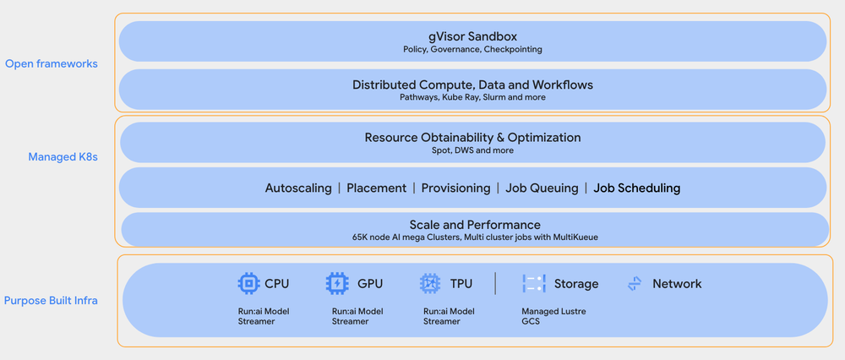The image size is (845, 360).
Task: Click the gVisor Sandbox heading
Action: coord(472,36)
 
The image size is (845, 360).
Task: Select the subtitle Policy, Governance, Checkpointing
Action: coord(472,50)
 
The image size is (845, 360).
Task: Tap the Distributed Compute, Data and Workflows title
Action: coord(472,85)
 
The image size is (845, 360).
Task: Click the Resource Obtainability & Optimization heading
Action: coord(472,137)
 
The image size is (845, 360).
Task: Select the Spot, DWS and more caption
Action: coord(472,150)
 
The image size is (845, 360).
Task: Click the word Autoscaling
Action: coord(298,188)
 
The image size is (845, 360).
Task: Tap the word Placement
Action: coord(376,188)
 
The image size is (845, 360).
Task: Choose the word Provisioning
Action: coord(455,188)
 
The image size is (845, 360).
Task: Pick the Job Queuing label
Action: coord(542,188)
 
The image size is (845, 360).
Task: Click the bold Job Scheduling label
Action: coord(636,188)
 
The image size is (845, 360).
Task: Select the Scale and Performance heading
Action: coord(474,225)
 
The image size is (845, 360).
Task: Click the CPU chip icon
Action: coord(248,283)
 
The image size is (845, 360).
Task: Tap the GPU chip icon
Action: coord(337,283)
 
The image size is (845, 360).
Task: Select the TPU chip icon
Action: coord(430,283)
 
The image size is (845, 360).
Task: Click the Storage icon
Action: coord(533,283)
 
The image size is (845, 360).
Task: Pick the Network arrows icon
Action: coord(635,284)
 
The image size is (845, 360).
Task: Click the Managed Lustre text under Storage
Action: coord(553,311)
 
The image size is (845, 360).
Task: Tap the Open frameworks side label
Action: coord(52,63)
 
